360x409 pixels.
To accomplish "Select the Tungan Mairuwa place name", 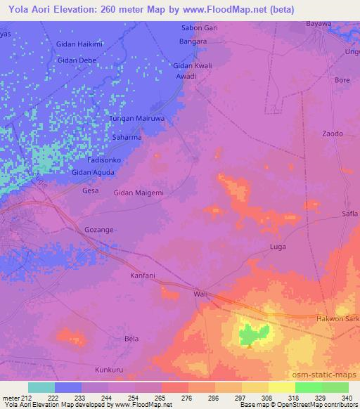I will click(x=137, y=119).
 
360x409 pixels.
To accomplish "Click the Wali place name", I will click(x=200, y=295).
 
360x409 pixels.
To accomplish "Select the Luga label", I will click(x=278, y=247).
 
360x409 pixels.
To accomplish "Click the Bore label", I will click(x=342, y=80).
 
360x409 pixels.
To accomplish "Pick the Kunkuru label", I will click(x=108, y=368).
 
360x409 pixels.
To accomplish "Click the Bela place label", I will click(x=131, y=338).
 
